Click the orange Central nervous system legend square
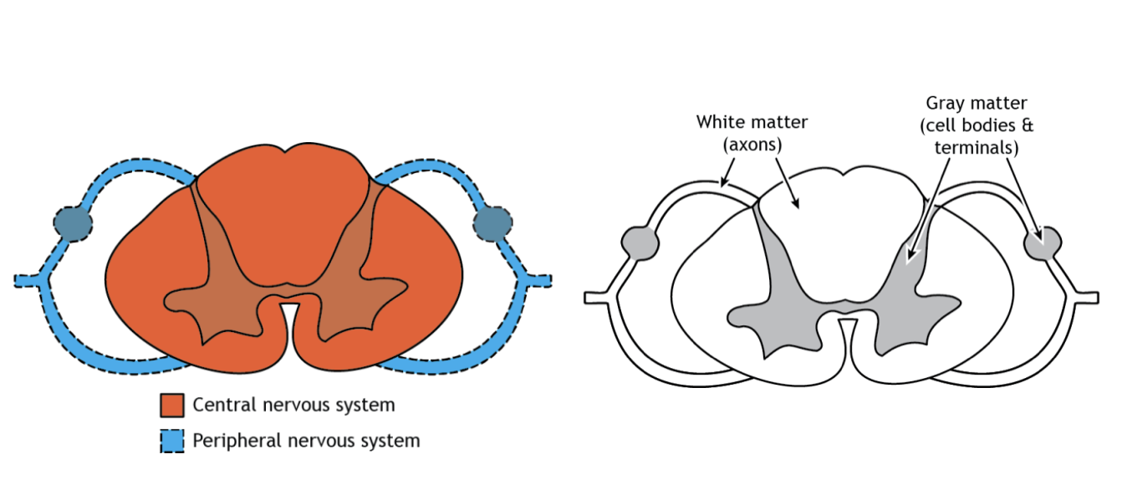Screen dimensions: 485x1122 coord(172,406)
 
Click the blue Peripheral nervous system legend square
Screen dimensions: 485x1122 coord(172,440)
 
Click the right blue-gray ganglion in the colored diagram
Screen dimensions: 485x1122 coord(492,223)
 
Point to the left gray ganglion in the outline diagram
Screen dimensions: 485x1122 coord(641,242)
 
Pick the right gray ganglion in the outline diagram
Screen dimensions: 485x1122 coord(1043,242)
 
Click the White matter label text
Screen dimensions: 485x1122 coord(752,122)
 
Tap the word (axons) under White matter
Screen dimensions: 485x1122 coord(752,144)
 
